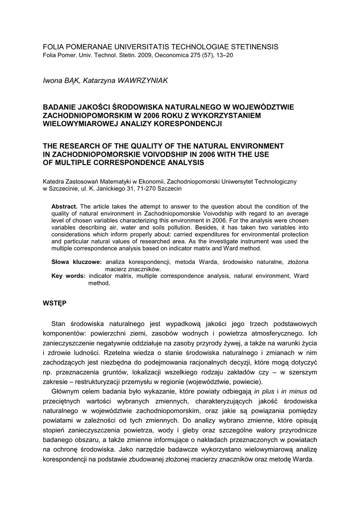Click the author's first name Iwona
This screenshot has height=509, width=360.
pyautogui.click(x=54, y=81)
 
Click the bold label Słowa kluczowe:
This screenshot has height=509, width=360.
pyautogui.click(x=77, y=261)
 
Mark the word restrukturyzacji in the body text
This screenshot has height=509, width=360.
pyautogui.click(x=105, y=382)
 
